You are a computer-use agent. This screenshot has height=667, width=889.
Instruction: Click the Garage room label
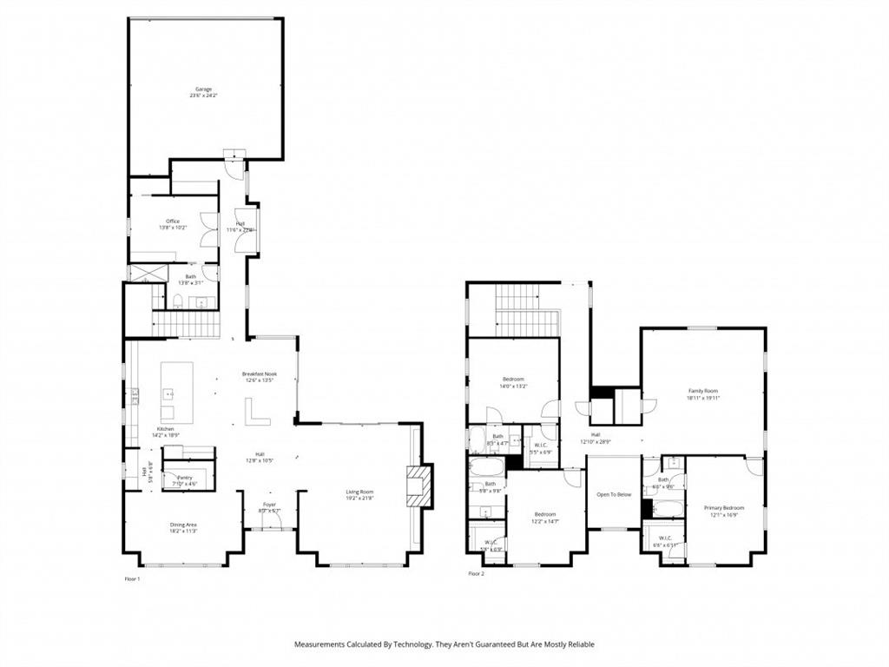[x=203, y=89]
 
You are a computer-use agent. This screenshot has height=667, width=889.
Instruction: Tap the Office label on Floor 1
[x=173, y=221]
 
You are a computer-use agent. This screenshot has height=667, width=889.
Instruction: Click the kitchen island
[x=171, y=393]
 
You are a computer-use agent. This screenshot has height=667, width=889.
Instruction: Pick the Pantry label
[x=184, y=477]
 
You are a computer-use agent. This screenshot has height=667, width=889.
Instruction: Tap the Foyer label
[x=270, y=504]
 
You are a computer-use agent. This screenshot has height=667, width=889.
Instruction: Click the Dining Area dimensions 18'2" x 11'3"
[x=183, y=531]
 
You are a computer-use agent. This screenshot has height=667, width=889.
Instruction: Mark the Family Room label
[x=703, y=391]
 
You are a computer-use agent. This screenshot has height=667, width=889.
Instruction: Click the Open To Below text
[x=612, y=495]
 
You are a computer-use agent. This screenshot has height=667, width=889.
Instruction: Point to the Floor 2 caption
[x=476, y=574]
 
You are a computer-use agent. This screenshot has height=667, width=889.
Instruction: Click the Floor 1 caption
[x=132, y=578]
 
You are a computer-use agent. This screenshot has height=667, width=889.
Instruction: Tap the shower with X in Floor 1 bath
[x=141, y=273]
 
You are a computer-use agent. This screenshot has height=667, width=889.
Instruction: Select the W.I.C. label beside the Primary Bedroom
[x=665, y=538]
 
